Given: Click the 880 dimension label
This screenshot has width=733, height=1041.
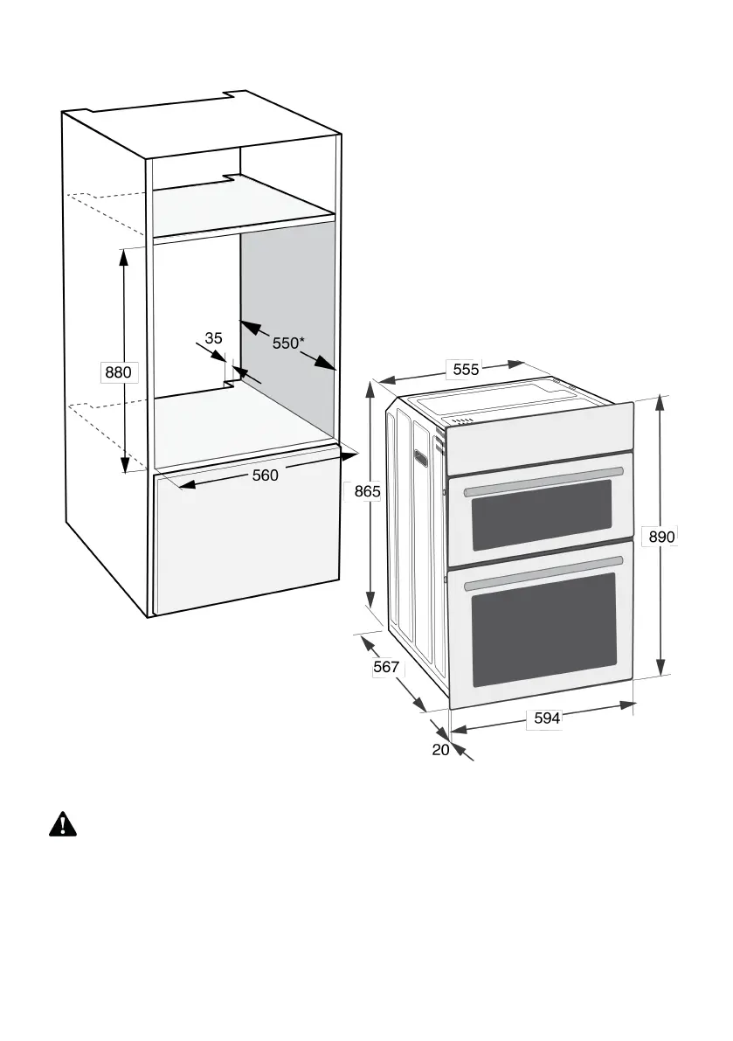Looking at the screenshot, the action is pyautogui.click(x=118, y=373).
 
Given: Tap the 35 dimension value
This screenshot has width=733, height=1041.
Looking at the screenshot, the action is pyautogui.click(x=213, y=337).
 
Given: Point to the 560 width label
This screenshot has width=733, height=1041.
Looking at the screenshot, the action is pyautogui.click(x=265, y=475).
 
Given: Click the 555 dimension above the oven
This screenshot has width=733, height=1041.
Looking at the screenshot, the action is pyautogui.click(x=466, y=370).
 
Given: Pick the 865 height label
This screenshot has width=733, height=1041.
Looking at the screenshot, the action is pyautogui.click(x=367, y=492).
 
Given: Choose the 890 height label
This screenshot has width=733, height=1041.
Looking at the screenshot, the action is pyautogui.click(x=661, y=537).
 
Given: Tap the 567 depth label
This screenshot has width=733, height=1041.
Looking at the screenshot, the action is pyautogui.click(x=385, y=667).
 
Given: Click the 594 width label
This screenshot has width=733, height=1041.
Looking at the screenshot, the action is pyautogui.click(x=546, y=718).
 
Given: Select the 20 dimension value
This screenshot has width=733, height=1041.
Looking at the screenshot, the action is pyautogui.click(x=440, y=749).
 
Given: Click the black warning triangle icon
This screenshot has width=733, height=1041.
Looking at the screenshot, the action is pyautogui.click(x=63, y=823).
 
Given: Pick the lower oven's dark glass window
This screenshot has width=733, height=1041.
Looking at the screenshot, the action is pyautogui.click(x=543, y=629).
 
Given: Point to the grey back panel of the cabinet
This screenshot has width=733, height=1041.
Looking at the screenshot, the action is pyautogui.click(x=288, y=288).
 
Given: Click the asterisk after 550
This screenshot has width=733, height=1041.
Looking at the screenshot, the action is pyautogui.click(x=302, y=339).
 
